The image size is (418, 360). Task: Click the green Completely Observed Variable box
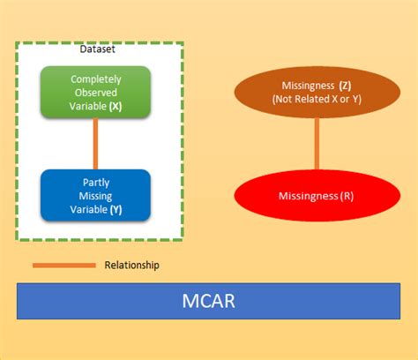click(95, 91)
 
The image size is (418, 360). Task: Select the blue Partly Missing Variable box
click(95, 196)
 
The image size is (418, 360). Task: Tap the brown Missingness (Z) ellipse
click(317, 93)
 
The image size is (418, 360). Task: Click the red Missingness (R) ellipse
click(317, 194)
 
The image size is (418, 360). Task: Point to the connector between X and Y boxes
click(95, 143)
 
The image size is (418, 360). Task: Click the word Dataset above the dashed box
click(97, 49)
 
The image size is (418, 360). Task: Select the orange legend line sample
click(63, 265)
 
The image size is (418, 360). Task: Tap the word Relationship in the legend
click(132, 265)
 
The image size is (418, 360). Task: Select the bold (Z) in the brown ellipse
click(345, 86)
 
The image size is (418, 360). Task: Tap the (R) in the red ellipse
click(349, 195)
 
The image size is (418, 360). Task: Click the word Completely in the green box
click(95, 79)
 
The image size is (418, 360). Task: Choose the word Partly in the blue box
click(95, 184)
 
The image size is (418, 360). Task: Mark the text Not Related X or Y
click(317, 100)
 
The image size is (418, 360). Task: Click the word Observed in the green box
click(95, 92)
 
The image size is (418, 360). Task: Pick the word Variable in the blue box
click(88, 210)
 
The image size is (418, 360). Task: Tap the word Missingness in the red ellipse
click(308, 195)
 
